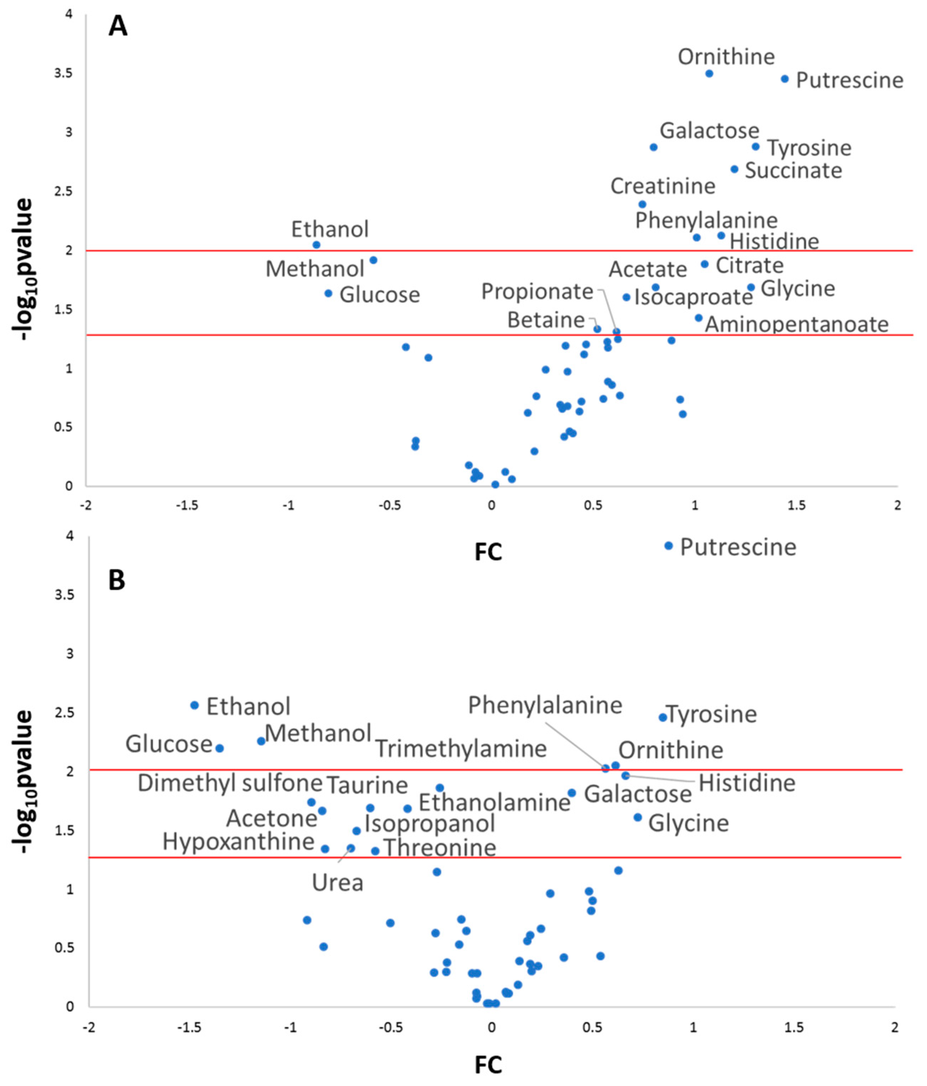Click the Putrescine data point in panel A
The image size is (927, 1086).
784,79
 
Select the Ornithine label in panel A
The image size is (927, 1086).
726,57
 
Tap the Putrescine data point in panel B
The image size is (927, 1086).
668,546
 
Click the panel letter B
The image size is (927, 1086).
116,580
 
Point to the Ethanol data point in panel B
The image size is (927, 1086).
195,705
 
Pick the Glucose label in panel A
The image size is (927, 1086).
380,295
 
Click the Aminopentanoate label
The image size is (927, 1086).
796,324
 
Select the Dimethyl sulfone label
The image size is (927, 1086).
229,783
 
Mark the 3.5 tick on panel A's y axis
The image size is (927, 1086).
63,73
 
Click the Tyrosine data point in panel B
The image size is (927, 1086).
662,717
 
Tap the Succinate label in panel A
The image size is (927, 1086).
793,170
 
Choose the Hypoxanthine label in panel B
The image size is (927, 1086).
238,841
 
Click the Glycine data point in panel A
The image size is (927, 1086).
751,287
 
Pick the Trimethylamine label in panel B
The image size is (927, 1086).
461,748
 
